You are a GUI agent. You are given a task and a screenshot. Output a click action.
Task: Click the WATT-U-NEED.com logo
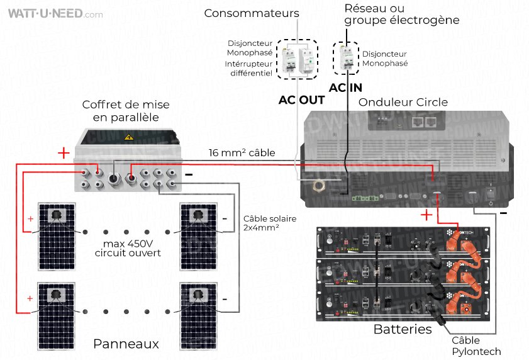point(53,13)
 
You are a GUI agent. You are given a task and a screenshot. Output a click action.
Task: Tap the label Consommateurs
point(252,13)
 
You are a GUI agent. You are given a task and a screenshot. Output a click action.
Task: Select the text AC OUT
point(302,100)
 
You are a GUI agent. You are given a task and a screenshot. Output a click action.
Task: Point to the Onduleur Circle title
point(403,102)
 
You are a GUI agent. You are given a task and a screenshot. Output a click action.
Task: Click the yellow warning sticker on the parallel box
point(129,137)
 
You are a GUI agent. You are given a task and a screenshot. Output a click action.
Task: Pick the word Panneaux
point(126,344)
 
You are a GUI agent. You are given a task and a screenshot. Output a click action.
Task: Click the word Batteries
point(403,329)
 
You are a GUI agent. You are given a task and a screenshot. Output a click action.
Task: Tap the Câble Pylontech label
point(477,346)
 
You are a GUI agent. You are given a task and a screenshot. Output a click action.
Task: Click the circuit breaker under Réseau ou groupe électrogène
point(346,59)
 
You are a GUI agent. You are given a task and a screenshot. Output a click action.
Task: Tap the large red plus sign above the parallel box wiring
point(64,153)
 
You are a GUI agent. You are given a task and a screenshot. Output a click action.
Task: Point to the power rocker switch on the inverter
point(488,188)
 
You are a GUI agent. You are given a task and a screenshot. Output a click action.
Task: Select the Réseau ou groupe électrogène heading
point(401,14)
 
